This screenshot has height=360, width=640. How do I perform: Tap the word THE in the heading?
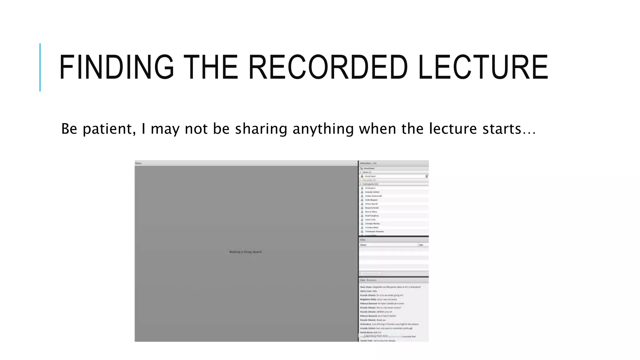pyautogui.click(x=211, y=67)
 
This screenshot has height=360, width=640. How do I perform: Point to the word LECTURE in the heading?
pyautogui.click(x=483, y=67)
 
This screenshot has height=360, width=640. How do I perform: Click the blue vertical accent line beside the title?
pyautogui.click(x=40, y=67)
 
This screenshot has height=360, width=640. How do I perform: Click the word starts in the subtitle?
pyautogui.click(x=502, y=129)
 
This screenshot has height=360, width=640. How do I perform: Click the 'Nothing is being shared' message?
pyautogui.click(x=246, y=252)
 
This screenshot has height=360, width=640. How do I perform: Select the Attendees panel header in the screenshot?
pyautogui.click(x=368, y=163)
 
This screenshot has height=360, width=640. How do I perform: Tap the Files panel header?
pyautogui.click(x=363, y=240)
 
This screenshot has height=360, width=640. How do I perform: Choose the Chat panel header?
pyautogui.click(x=363, y=280)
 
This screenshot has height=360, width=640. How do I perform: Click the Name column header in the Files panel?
pyautogui.click(x=363, y=245)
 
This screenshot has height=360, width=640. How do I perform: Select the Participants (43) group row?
pyautogui.click(x=370, y=184)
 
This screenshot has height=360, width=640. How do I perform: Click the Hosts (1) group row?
pyautogui.click(x=367, y=172)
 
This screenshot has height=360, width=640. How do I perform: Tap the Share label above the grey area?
pyautogui.click(x=138, y=163)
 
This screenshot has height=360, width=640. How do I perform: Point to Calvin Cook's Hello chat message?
pyautogui.click(x=369, y=291)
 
